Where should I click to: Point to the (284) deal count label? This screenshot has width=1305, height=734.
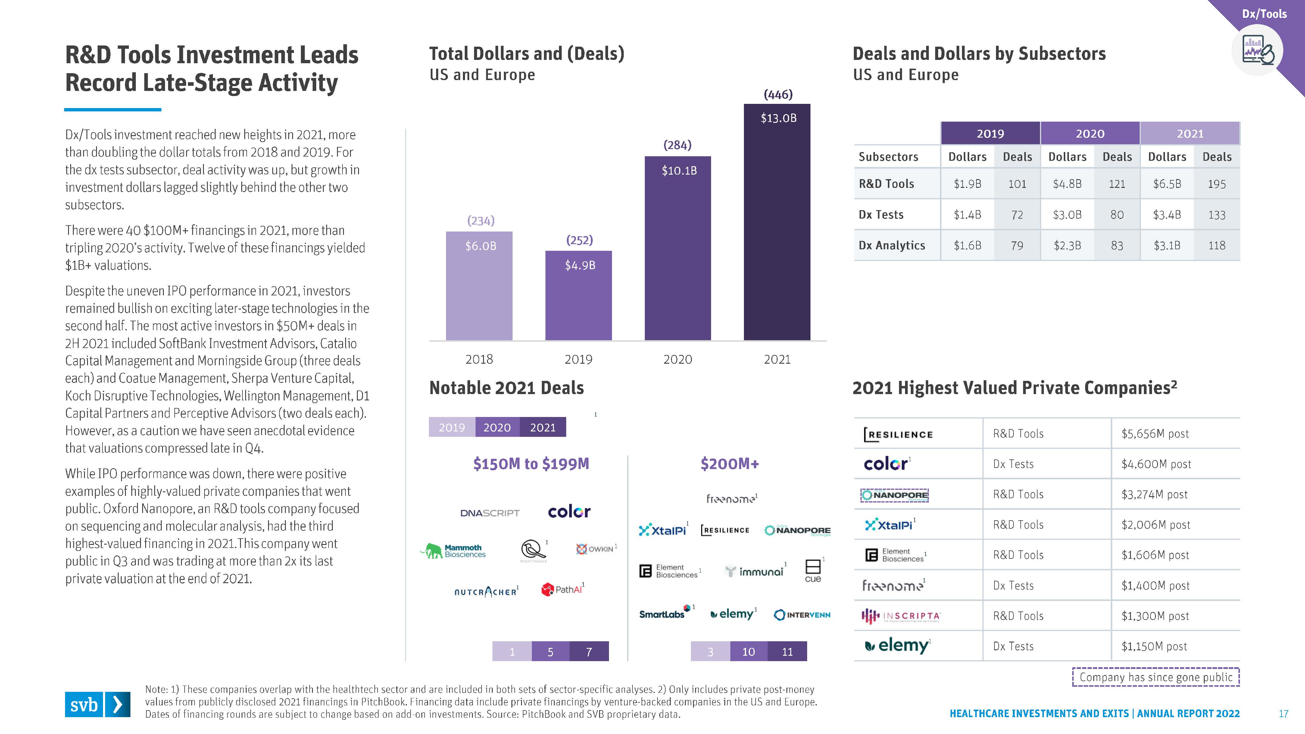677,145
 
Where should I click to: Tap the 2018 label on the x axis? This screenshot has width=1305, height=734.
479,359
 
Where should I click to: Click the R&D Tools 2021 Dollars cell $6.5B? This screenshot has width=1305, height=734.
1167,184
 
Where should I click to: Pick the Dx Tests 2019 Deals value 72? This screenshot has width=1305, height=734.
1017,215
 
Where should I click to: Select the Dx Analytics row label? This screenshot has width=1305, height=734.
891,245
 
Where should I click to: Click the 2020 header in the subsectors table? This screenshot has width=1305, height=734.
1090,134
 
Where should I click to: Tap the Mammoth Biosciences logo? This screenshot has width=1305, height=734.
453,551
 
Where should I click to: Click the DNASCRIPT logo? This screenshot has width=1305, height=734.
490,513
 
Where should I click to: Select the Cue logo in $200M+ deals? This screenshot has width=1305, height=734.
813,571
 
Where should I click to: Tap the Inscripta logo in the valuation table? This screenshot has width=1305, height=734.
901,616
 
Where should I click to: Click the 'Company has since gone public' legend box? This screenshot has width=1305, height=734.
1156,677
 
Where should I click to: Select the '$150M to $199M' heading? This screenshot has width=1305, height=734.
531,464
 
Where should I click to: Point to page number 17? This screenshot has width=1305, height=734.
1283,714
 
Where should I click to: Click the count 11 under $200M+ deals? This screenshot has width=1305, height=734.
787,652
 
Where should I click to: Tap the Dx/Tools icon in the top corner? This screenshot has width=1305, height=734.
1257,51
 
